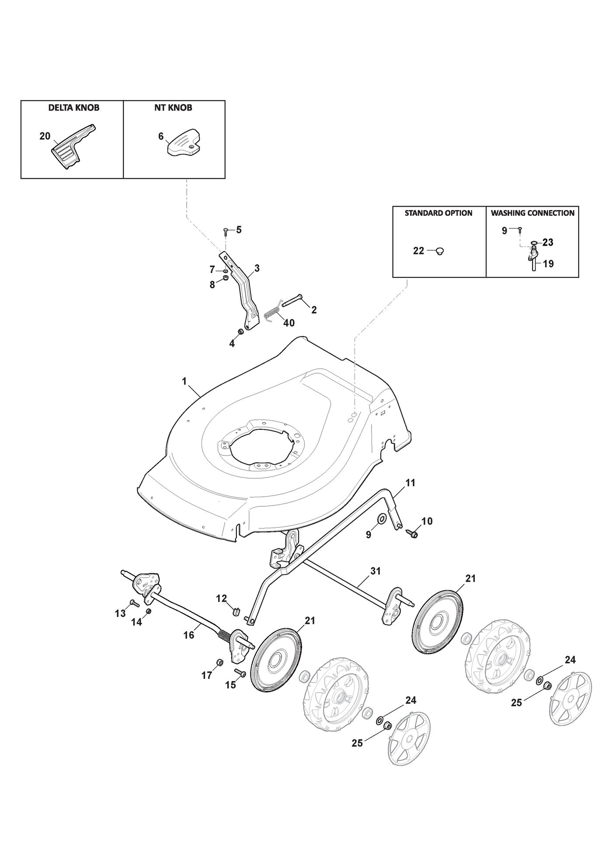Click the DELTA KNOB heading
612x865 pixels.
(74, 107)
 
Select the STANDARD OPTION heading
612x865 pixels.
(438, 213)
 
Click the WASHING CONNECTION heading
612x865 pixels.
(532, 213)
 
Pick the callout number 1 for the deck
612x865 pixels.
(184, 381)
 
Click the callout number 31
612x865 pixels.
(376, 571)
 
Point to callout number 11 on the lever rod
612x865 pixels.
(410, 483)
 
